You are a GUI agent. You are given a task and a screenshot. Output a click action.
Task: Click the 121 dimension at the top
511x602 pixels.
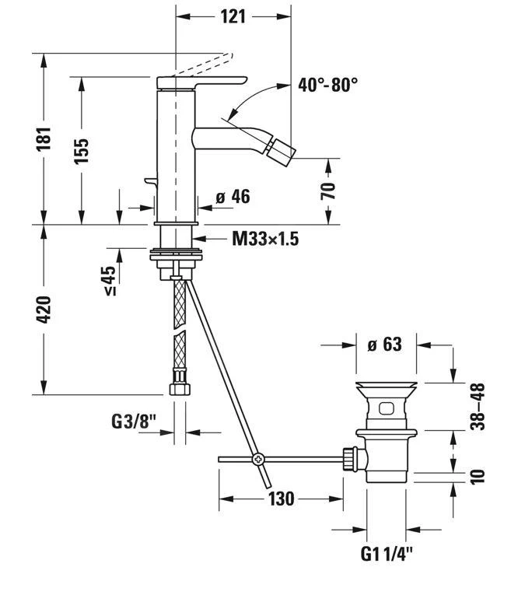[x=233, y=16]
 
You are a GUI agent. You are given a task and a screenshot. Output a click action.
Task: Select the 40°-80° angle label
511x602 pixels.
[x=327, y=85]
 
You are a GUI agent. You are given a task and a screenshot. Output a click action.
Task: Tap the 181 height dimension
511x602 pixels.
[x=44, y=138]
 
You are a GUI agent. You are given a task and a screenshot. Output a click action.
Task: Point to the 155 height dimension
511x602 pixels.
[x=82, y=149]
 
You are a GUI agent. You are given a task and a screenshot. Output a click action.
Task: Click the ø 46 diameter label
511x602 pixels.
[x=233, y=197]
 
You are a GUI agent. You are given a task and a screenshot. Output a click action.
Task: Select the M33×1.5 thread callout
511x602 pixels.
[x=265, y=239]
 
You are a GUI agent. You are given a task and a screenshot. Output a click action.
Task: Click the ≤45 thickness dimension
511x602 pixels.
[x=109, y=281]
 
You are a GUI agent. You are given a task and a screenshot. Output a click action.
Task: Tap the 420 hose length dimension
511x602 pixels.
[x=44, y=310]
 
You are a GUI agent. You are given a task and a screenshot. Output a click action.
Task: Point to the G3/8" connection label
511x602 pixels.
[x=132, y=422]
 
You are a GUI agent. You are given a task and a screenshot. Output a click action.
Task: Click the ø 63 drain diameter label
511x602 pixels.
[x=383, y=344]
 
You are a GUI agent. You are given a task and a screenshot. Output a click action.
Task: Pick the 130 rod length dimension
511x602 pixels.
[x=280, y=499]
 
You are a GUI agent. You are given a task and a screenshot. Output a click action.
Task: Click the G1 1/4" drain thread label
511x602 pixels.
[x=387, y=555]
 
